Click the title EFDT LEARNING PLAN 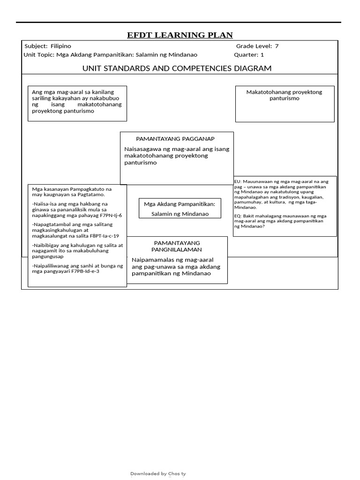pos(180,35)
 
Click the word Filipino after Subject pos(60,46)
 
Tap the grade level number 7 pos(277,46)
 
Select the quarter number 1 pos(262,55)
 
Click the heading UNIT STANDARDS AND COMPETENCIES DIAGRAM pos(177,68)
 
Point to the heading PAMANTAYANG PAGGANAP pos(175,139)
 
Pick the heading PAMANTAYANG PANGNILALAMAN pos(177,246)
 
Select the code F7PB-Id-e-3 pos(85,271)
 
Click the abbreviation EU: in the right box pos(238,181)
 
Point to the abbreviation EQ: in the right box pos(238,216)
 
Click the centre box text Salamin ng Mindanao pos(180,214)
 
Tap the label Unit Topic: pos(39,55)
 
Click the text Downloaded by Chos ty pos(158,474)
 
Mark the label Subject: pos(36,46)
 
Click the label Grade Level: pos(254,46)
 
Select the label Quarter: pos(246,55)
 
